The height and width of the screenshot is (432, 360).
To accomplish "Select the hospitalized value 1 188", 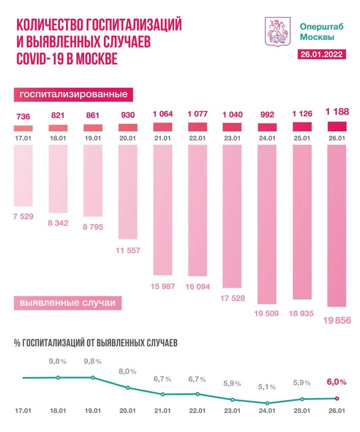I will [x=336, y=112].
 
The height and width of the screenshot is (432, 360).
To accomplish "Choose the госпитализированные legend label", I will [x=73, y=94].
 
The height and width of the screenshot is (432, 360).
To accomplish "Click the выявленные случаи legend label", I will [x=66, y=303].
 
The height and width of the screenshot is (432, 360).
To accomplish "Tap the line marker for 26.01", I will [x=336, y=398].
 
